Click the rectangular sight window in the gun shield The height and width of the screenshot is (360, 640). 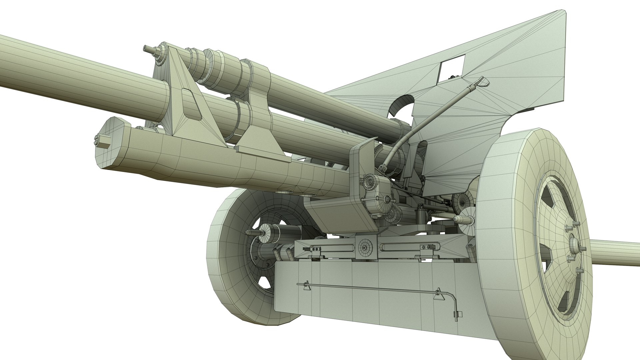[452, 69]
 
